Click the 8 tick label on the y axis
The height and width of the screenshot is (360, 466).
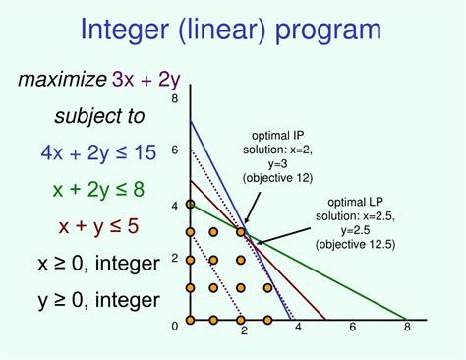[x=175, y=99]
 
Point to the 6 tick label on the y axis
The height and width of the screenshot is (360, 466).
[x=175, y=150]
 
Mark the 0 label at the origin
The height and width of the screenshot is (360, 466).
[x=175, y=326]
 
